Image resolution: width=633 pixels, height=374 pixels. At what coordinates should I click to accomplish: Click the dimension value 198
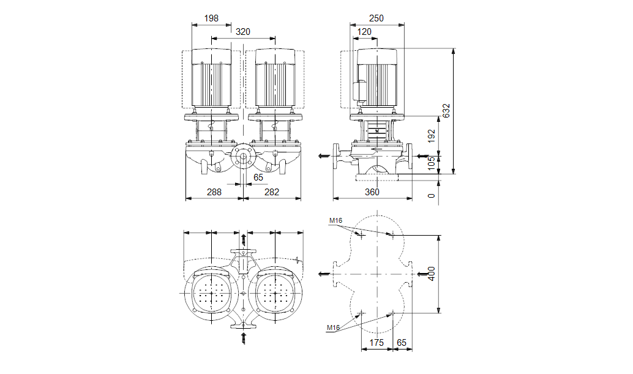pos(211,18)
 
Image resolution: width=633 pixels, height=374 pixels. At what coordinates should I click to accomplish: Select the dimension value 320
pos(242,32)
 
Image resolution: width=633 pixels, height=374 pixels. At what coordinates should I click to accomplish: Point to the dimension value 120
pos(365,32)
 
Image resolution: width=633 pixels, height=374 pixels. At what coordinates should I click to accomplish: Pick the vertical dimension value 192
pos(432,135)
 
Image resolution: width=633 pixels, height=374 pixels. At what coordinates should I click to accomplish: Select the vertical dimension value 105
pos(432,162)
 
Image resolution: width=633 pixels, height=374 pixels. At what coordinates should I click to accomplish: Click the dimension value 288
pos(214,192)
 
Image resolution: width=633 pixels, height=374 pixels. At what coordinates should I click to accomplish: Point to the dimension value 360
pos(372,192)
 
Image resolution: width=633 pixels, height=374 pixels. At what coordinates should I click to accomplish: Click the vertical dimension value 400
pos(432,274)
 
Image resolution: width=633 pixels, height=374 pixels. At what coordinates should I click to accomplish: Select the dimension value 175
pos(376,343)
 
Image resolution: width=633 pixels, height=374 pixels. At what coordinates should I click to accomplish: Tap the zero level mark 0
pos(432,196)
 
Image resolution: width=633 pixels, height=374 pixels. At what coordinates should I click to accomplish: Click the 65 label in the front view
pos(258,177)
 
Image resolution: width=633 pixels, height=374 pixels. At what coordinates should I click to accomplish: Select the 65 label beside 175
pos(402,343)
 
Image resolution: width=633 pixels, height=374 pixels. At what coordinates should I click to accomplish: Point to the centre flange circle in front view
pos(243,157)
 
